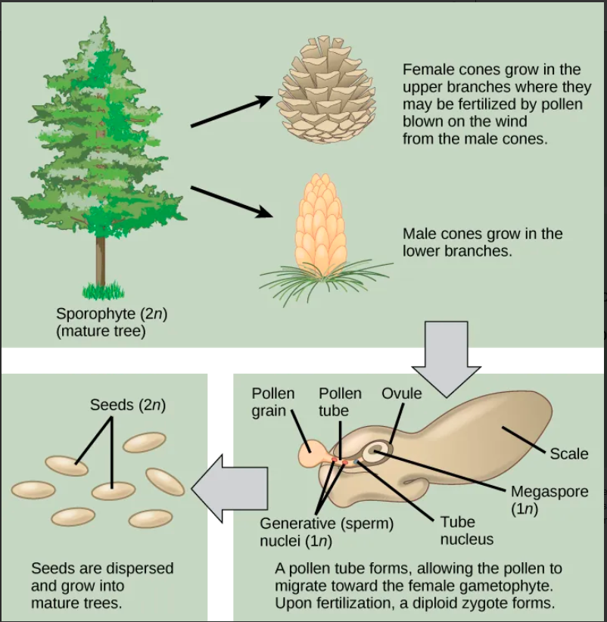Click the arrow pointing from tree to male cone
point(231,201)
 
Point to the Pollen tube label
point(340,402)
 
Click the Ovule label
point(401,394)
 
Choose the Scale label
point(568,453)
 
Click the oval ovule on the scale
point(376,453)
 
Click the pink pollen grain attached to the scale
point(311,456)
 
